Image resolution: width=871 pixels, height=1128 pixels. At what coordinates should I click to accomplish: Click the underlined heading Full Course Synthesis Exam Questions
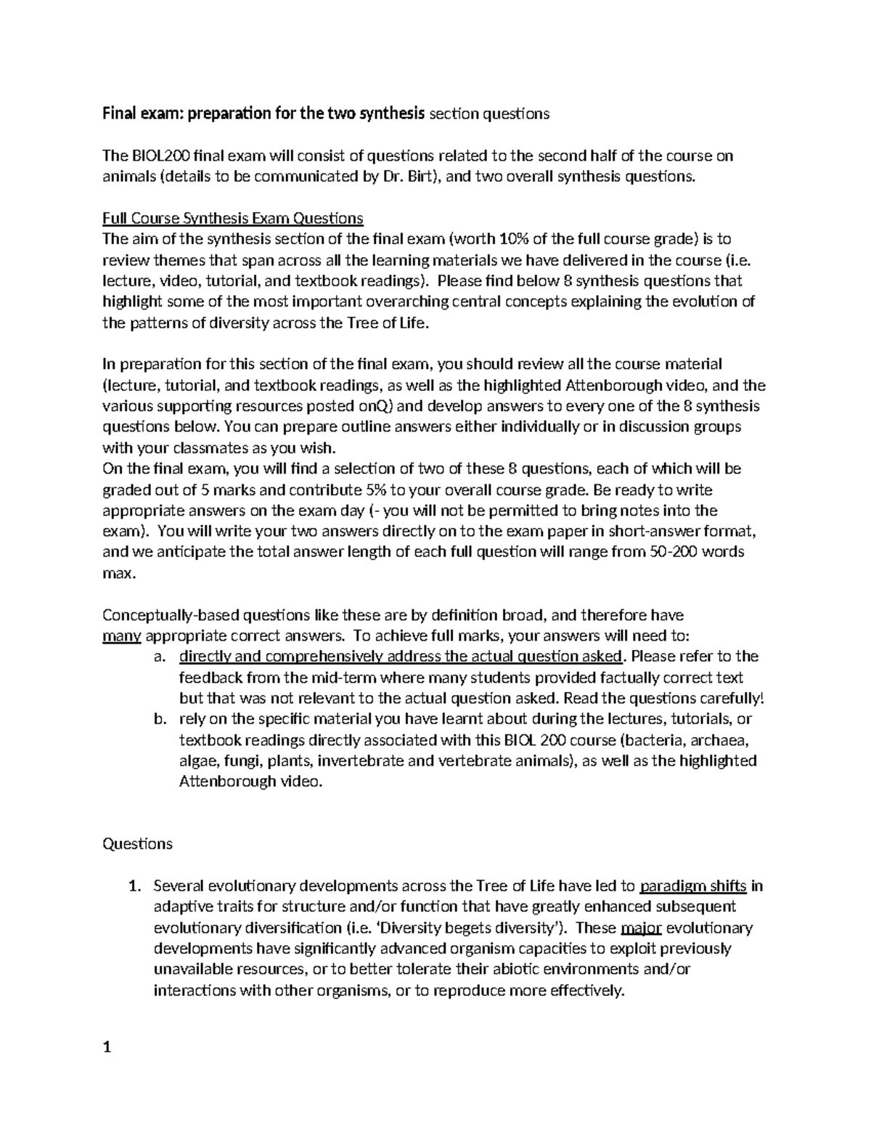(x=233, y=218)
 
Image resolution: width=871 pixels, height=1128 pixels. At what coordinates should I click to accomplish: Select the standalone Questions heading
(x=137, y=844)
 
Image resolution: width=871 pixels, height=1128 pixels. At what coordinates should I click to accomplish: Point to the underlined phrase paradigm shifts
(x=694, y=886)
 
